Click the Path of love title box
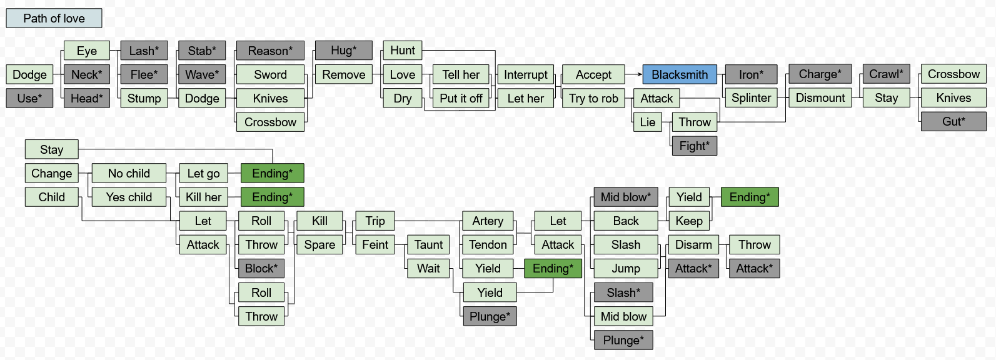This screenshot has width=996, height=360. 54,18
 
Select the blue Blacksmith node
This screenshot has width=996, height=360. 680,74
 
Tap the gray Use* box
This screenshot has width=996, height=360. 29,98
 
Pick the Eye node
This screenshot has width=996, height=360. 87,51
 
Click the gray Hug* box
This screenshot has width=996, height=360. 343,51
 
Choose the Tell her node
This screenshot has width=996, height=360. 461,74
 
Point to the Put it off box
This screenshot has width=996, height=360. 461,98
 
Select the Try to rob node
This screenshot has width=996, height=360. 593,98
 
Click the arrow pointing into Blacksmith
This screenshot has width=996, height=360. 638,74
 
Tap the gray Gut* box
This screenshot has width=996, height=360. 953,121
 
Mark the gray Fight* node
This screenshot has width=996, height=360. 694,146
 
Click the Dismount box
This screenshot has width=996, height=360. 820,98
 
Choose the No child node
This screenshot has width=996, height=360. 129,173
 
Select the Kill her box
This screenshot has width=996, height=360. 203,197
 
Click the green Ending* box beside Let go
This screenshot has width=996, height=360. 272,173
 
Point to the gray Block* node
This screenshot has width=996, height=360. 261,268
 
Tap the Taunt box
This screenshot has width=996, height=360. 428,244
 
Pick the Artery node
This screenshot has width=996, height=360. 488,221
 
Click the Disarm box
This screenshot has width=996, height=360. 693,244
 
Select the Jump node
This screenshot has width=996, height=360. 626,268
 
